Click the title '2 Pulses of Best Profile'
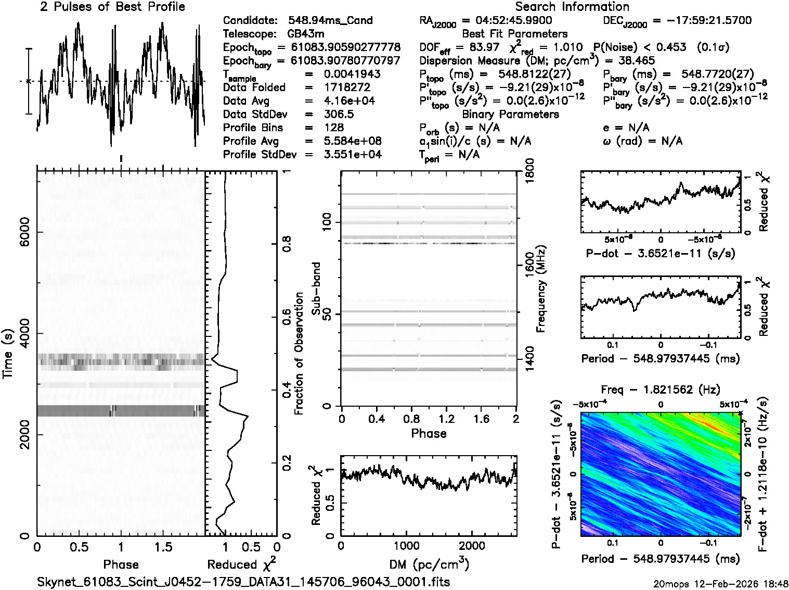[112, 7]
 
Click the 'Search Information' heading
[572, 7]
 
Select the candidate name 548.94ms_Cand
[330, 21]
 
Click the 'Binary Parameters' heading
[510, 115]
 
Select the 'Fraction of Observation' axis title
[299, 354]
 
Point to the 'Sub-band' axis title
[316, 288]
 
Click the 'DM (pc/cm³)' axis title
[429, 564]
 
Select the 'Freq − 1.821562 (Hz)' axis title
[661, 390]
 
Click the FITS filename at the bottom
[243, 582]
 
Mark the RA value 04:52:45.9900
[514, 21]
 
